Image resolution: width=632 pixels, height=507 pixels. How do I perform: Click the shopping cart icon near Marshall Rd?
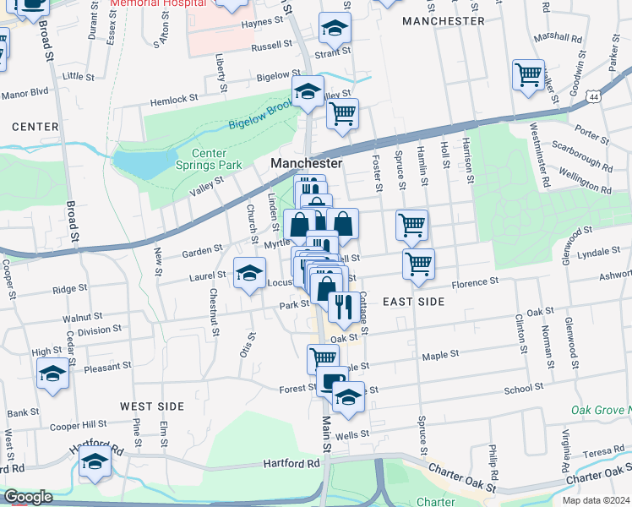click(x=528, y=75)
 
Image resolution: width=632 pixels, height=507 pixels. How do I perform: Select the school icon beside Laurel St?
click(x=248, y=272)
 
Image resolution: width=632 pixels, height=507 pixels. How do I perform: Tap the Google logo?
click(x=29, y=497)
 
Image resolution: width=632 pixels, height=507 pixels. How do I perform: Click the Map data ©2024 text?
click(x=596, y=499)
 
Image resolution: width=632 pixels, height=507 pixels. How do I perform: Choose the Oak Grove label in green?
click(x=598, y=411)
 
